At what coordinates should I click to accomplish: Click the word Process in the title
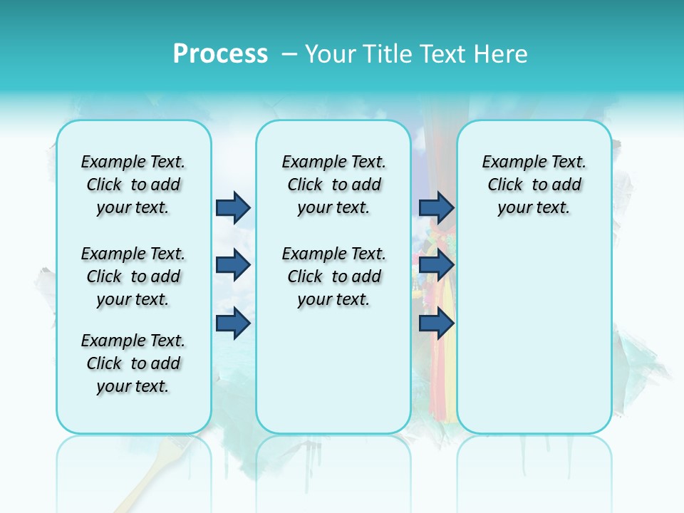[220, 54]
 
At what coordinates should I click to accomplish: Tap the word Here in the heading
[501, 54]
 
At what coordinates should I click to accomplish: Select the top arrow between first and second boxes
[233, 207]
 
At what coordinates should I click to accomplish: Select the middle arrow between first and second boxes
[233, 265]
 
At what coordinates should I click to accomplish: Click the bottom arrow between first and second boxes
[233, 323]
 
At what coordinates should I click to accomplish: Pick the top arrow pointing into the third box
[437, 207]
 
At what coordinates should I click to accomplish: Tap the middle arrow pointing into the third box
[437, 265]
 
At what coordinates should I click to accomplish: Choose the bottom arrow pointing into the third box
[437, 323]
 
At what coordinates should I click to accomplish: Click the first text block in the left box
[133, 185]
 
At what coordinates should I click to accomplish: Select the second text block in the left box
[133, 276]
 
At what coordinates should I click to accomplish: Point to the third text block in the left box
[133, 363]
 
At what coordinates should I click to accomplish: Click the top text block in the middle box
[333, 185]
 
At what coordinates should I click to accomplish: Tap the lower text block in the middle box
[333, 276]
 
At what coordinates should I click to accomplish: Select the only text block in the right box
[534, 185]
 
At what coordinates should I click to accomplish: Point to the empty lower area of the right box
[534, 335]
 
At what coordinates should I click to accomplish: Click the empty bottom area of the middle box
[333, 378]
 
